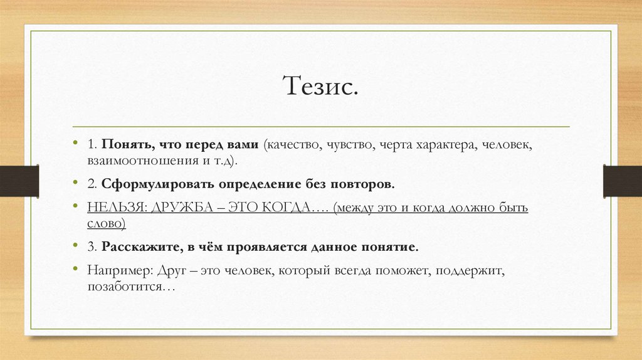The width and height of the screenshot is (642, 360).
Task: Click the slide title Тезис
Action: tap(322, 86)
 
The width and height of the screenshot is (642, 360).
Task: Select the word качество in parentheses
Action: tap(293, 145)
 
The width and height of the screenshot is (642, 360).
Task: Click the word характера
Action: tap(447, 145)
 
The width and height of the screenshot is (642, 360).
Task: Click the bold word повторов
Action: tap(367, 184)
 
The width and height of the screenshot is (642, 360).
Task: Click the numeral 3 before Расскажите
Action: tap(91, 246)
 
